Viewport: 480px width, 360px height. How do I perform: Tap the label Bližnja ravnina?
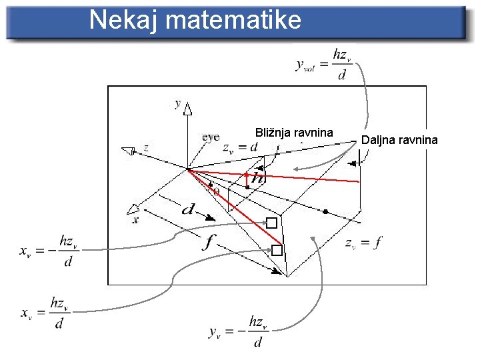294,133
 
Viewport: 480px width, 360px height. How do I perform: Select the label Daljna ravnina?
399,139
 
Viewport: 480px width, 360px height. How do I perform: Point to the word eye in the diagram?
211,137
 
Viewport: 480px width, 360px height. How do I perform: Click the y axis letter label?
177,103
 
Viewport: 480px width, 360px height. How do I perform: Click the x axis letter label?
135,219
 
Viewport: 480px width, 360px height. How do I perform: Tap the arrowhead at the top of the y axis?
188,110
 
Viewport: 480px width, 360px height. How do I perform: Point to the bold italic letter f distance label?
209,242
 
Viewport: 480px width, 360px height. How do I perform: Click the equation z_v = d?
240,147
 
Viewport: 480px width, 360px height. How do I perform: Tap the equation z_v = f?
363,243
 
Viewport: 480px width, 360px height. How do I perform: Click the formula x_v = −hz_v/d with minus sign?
47,251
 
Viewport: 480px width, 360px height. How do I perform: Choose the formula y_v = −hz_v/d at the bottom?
237,331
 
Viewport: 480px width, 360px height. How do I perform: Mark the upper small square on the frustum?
271,223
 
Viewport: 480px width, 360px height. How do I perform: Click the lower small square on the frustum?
277,251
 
